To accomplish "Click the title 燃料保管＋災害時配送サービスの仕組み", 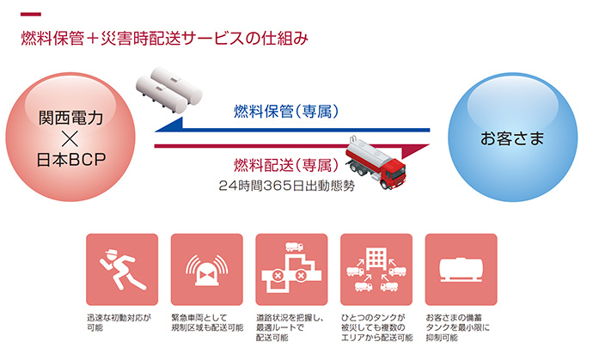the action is pyautogui.click(x=164, y=39).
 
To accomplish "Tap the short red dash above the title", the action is pyautogui.click(x=31, y=15).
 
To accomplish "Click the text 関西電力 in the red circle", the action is pyautogui.click(x=70, y=118).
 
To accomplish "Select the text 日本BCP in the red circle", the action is pyautogui.click(x=71, y=160).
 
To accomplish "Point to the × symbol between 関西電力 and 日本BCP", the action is pyautogui.click(x=70, y=139).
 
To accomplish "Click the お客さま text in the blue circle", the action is pyautogui.click(x=512, y=138).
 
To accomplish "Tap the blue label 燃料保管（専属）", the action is pyautogui.click(x=286, y=111).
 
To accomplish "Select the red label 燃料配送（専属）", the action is pyautogui.click(x=286, y=165).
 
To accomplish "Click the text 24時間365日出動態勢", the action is pyautogui.click(x=287, y=186).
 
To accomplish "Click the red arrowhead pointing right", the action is pyautogui.click(x=415, y=151).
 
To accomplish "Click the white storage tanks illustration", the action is pyautogui.click(x=168, y=90).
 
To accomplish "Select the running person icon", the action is pyautogui.click(x=122, y=270).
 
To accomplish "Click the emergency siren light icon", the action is pyautogui.click(x=207, y=270).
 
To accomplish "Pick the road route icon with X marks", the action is pyautogui.click(x=291, y=268).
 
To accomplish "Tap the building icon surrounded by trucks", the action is pyautogui.click(x=376, y=269).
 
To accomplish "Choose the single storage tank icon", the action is pyautogui.click(x=461, y=270).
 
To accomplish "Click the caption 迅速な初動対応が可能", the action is pyautogui.click(x=119, y=322).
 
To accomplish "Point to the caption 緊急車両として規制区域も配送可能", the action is pyautogui.click(x=207, y=322).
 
